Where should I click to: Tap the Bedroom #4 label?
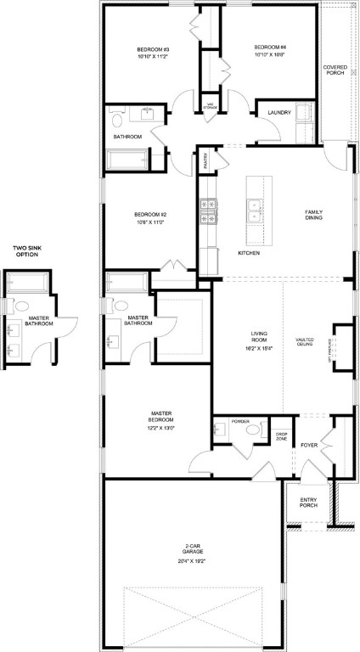(270, 47)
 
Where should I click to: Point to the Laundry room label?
(279, 113)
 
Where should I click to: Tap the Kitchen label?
(248, 254)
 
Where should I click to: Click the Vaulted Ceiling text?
(306, 341)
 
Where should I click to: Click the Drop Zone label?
(282, 437)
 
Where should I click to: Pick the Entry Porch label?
(308, 503)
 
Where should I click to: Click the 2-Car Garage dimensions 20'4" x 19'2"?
(192, 561)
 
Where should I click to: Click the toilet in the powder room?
(252, 432)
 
